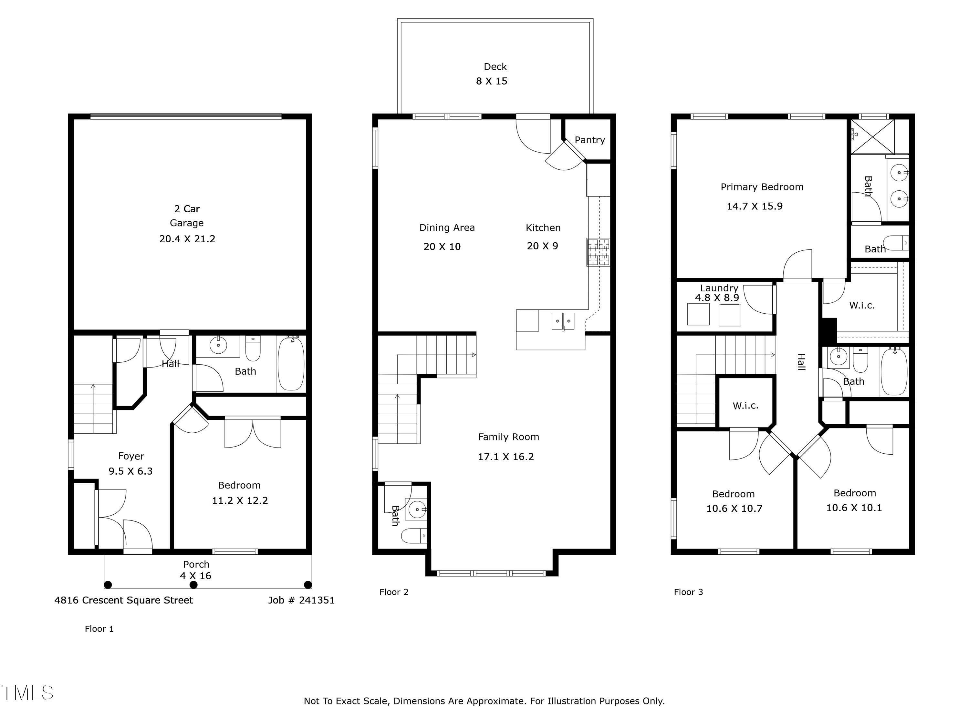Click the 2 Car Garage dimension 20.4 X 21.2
click(187, 239)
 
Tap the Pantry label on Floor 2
click(589, 140)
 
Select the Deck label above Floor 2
click(495, 66)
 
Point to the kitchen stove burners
click(598, 252)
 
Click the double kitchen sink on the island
click(563, 321)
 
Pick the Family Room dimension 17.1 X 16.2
click(506, 457)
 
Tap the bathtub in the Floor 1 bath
click(291, 364)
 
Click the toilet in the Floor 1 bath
click(253, 348)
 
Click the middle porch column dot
click(193, 585)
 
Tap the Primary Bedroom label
click(762, 187)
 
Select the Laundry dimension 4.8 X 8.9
click(717, 297)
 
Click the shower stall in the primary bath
click(873, 136)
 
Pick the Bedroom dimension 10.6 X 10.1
click(854, 508)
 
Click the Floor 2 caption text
click(394, 592)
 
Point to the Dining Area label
click(447, 227)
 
